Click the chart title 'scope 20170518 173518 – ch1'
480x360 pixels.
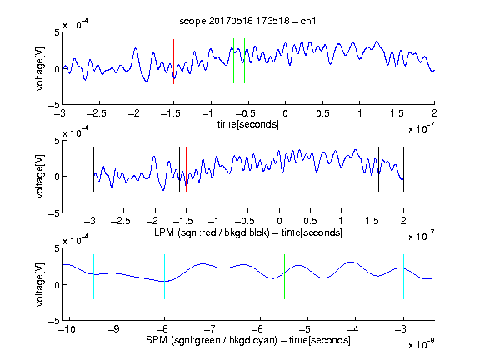(247, 21)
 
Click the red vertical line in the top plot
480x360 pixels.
(173, 62)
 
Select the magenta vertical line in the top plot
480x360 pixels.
(397, 62)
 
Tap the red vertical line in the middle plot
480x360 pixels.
(186, 169)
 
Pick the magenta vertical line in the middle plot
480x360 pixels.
(372, 169)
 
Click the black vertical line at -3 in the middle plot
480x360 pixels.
(93, 169)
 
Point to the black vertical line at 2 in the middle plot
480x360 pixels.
(403, 169)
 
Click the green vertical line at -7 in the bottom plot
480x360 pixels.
(212, 277)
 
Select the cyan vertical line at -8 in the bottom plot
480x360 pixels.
(165, 277)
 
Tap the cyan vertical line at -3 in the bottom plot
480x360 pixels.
(403, 277)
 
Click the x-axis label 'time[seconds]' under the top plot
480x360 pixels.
(248, 125)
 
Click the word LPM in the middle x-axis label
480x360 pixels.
(164, 232)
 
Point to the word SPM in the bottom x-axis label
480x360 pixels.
(157, 340)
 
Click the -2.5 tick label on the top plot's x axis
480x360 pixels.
(96, 113)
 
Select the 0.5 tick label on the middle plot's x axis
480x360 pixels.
(310, 221)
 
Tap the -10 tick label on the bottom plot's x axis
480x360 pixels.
(66, 329)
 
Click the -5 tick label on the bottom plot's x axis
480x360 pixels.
(305, 329)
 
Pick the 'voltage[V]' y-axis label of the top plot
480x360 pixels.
(40, 68)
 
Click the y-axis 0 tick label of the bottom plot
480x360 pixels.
(57, 285)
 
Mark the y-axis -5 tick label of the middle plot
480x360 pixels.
(54, 213)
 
